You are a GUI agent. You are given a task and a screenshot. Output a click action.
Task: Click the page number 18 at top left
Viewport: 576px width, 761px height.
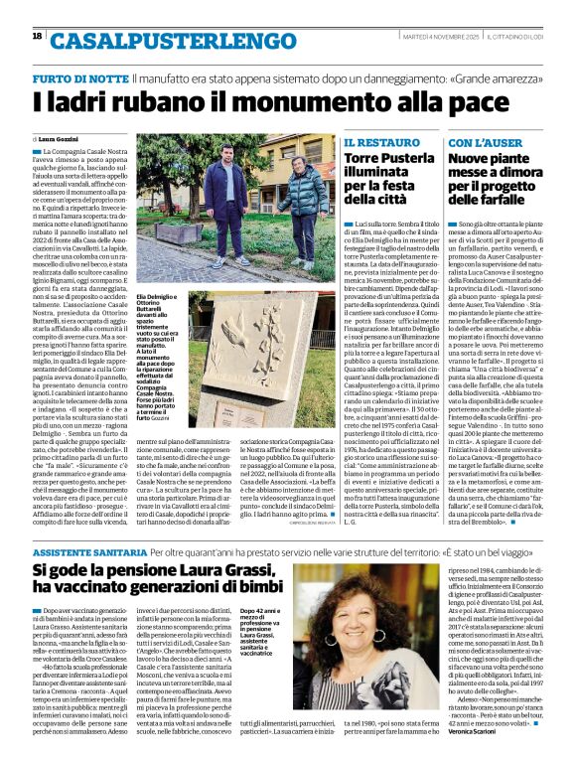coord(37,36)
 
